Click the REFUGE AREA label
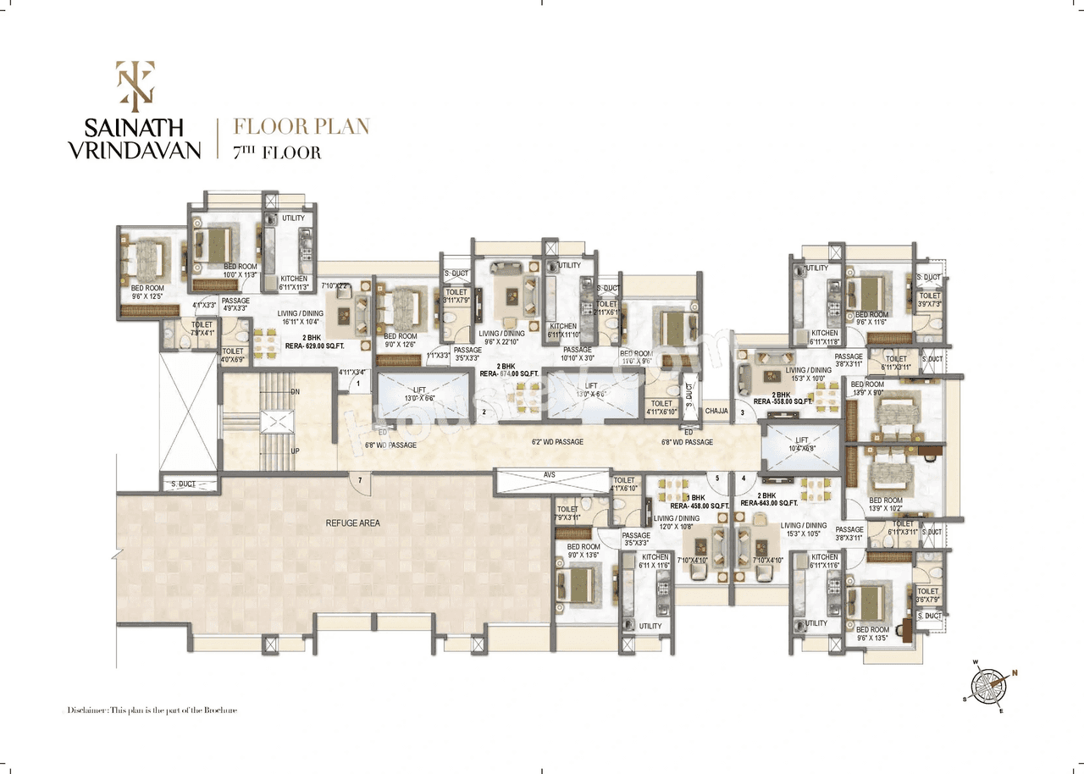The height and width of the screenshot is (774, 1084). (x=353, y=523)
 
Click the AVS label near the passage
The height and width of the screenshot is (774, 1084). (x=550, y=475)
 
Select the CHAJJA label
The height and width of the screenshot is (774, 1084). (x=716, y=412)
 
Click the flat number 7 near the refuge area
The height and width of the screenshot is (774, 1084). (x=360, y=481)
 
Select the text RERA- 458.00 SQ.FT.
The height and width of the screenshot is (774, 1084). (x=697, y=506)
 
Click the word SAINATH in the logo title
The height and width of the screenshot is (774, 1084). (x=134, y=128)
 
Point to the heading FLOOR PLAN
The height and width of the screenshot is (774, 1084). (x=301, y=127)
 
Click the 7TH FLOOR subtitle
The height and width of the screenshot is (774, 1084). (x=277, y=153)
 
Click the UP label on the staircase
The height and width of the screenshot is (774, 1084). (x=295, y=451)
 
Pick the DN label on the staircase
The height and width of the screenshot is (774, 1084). (x=295, y=392)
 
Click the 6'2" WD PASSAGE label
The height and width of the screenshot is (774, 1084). (x=557, y=442)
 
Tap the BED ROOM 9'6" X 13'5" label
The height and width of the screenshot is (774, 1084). (x=872, y=634)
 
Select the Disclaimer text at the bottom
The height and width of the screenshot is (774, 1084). (x=152, y=710)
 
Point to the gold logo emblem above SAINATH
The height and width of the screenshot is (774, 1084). (x=133, y=86)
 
